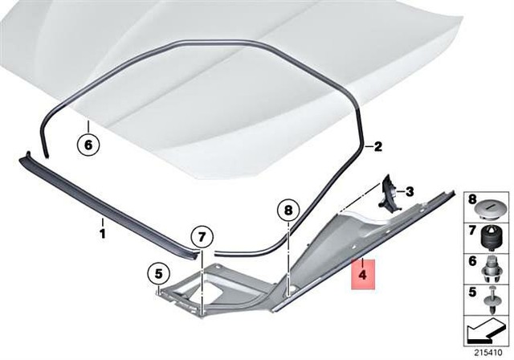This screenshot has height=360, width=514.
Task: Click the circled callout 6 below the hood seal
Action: click(89, 145)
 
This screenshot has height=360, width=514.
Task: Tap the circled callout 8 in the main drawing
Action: click(286, 211)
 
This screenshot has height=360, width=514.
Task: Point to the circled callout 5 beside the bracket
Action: click(158, 272)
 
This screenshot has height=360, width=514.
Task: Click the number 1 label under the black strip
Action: click(102, 233)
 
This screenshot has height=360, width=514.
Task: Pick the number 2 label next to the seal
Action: click(379, 147)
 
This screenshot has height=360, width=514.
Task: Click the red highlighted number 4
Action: click(362, 274)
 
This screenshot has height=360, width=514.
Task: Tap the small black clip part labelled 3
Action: click(389, 193)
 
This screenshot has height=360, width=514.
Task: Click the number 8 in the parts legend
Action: click(472, 198)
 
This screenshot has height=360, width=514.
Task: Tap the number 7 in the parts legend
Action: click(472, 231)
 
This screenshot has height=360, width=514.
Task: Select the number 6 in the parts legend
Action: click(472, 261)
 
